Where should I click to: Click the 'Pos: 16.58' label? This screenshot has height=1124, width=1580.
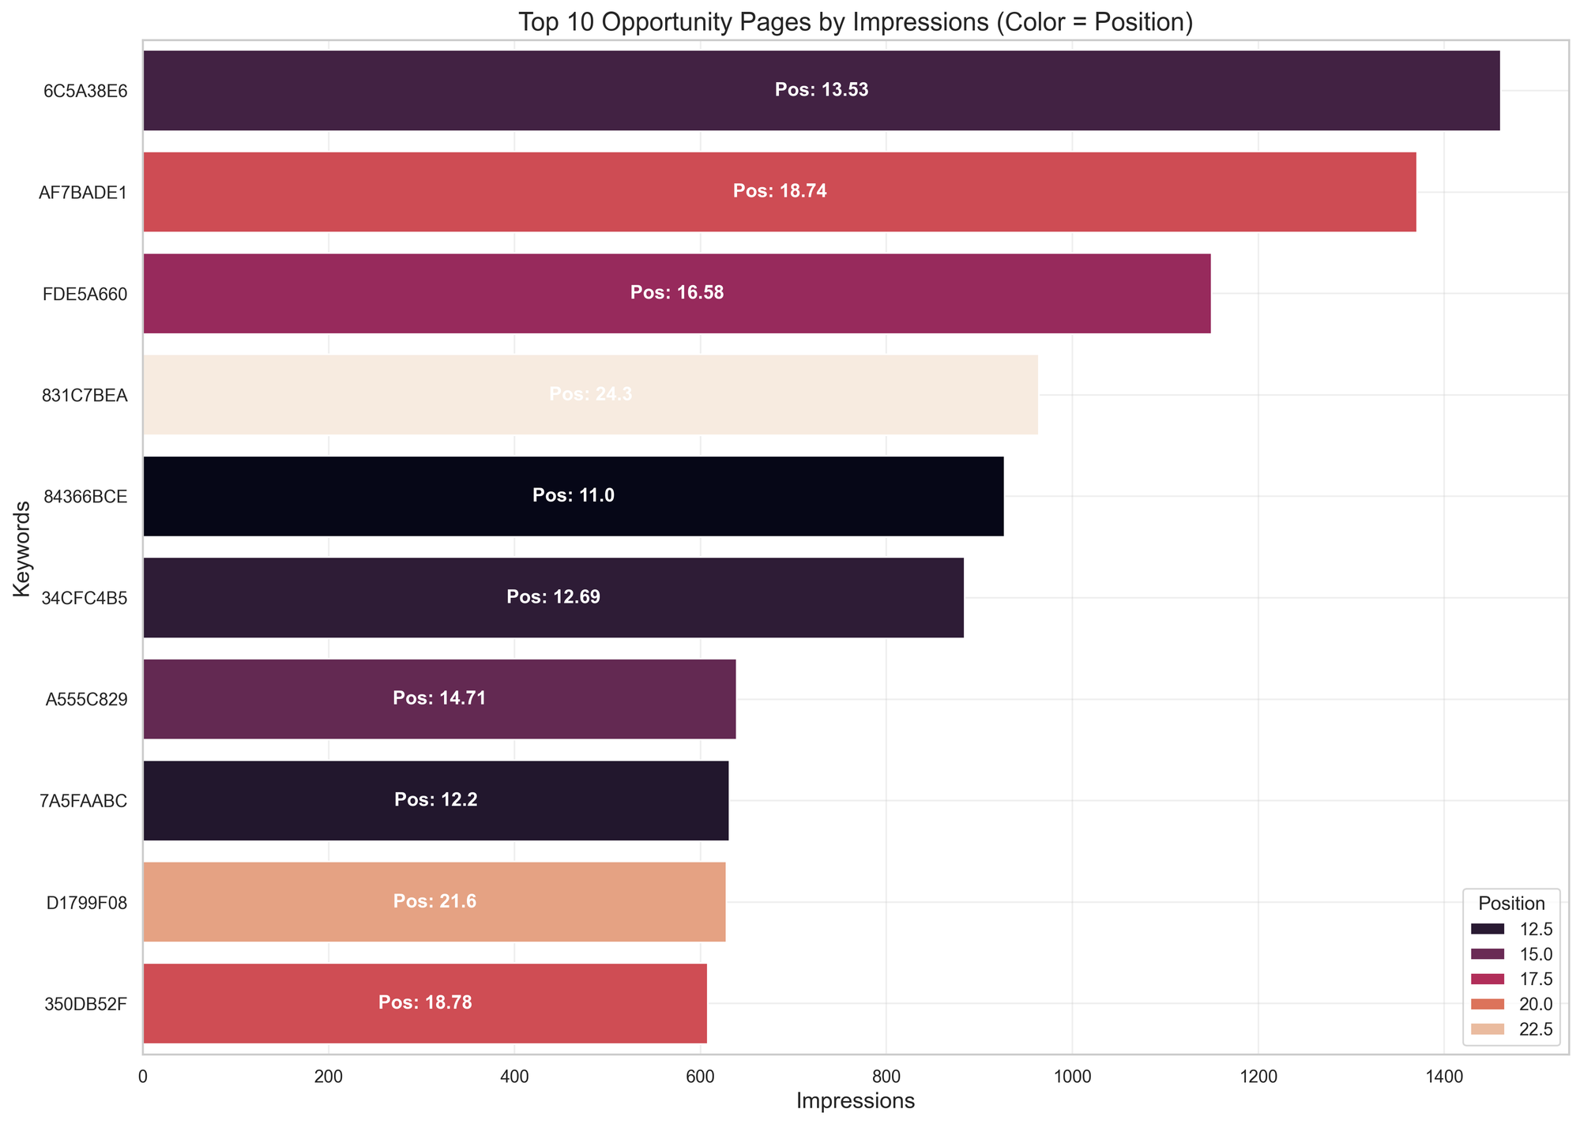(677, 293)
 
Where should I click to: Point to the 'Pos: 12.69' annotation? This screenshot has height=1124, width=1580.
(553, 598)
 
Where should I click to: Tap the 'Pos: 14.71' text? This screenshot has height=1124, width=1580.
(439, 699)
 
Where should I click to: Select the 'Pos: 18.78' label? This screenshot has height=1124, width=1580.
(425, 1003)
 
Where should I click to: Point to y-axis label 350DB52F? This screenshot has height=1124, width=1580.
(85, 1004)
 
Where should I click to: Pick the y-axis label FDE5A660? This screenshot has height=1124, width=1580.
(85, 294)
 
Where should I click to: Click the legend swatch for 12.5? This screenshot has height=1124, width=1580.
(1487, 928)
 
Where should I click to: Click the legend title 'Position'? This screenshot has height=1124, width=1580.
(1512, 904)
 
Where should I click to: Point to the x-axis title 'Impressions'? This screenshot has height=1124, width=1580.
(856, 1101)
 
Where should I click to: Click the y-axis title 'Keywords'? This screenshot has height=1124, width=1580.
(21, 553)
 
